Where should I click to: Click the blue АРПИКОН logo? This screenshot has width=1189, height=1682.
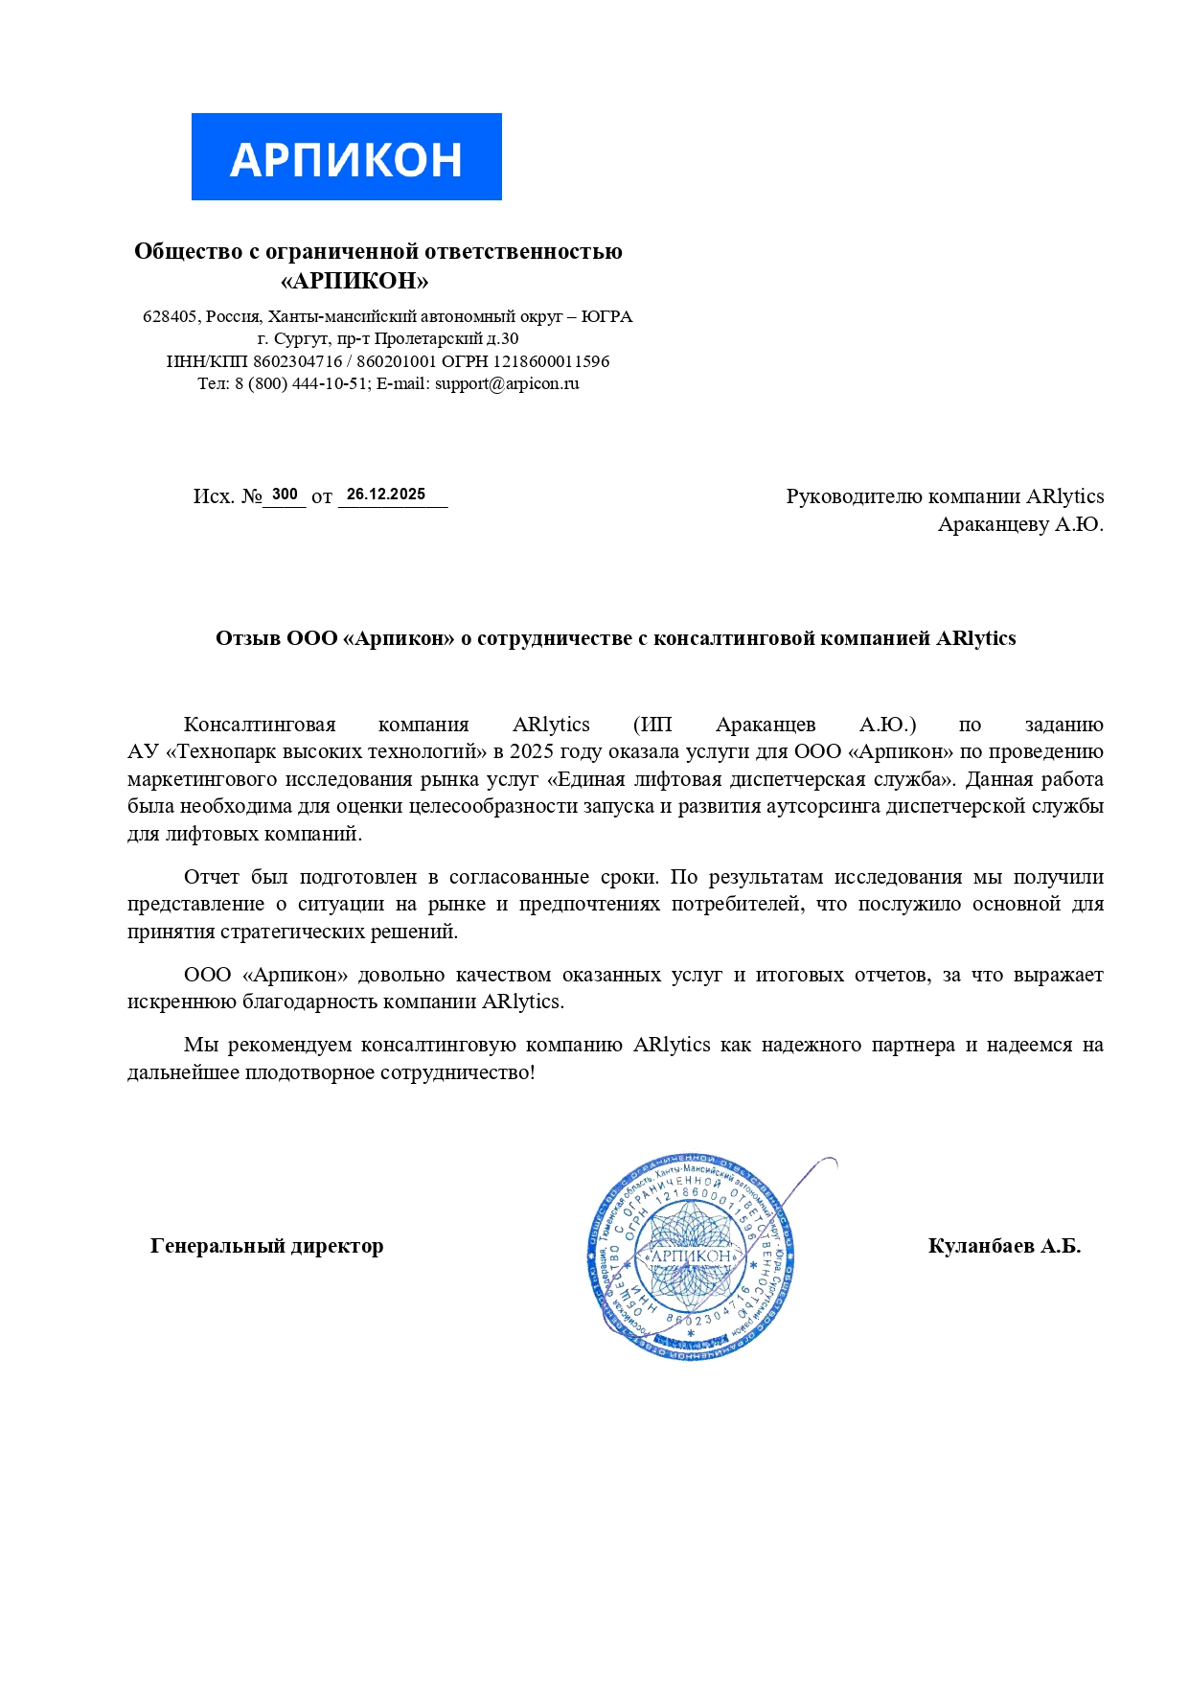click(346, 157)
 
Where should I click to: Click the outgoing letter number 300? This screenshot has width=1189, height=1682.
click(285, 495)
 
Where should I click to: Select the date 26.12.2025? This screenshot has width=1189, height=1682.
click(386, 495)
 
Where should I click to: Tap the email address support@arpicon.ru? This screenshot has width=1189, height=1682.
click(507, 383)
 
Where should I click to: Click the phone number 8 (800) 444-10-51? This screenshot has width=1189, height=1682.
click(302, 383)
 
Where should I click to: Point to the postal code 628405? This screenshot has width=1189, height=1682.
click(170, 316)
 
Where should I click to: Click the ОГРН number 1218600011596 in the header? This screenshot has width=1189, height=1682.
click(551, 361)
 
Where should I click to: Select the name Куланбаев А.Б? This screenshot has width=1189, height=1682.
click(1004, 1246)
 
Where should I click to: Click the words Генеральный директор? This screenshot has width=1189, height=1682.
click(267, 1246)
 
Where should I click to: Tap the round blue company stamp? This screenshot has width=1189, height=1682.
click(690, 1256)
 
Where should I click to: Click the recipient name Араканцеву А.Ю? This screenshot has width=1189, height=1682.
click(1020, 524)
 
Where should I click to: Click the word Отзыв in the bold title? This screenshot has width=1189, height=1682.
click(247, 638)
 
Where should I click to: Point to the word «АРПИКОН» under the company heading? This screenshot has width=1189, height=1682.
click(354, 281)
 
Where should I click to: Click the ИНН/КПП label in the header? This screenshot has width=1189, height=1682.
click(207, 361)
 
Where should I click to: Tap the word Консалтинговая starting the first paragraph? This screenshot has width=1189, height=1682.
click(260, 725)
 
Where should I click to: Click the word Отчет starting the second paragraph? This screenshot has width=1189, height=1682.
click(212, 877)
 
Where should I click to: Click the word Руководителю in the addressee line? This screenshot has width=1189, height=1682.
click(855, 496)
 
